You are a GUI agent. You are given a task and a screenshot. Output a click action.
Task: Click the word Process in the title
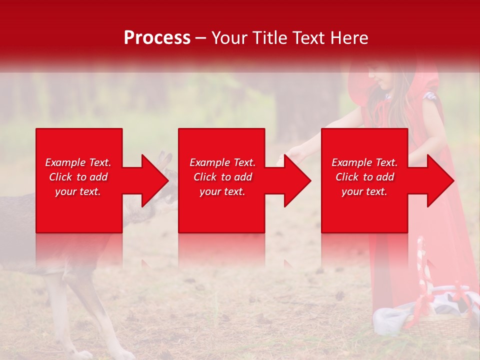pyautogui.click(x=157, y=38)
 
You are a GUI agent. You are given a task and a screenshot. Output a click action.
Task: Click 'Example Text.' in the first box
pyautogui.click(x=78, y=162)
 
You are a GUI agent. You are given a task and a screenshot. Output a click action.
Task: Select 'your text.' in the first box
pyautogui.click(x=78, y=191)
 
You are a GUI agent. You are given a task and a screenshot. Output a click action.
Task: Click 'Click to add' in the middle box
pyautogui.click(x=222, y=177)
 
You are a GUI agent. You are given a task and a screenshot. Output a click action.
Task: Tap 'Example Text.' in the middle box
pyautogui.click(x=222, y=162)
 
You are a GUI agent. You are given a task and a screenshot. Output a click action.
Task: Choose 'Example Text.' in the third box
pyautogui.click(x=364, y=162)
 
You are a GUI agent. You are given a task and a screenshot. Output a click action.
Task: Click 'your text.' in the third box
pyautogui.click(x=364, y=191)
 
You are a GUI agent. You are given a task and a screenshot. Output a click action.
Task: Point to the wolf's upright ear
pyautogui.click(x=165, y=160)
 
